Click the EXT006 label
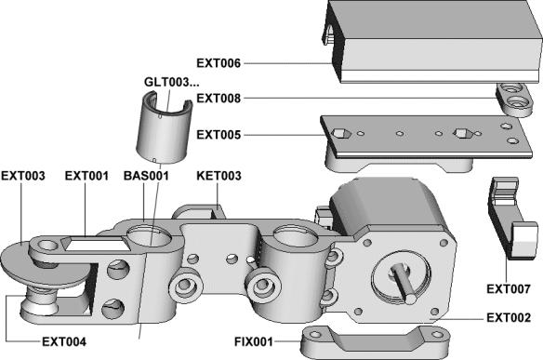tap(219, 63)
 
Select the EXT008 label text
tap(219, 99)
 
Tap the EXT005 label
tap(219, 135)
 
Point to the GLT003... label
tap(172, 82)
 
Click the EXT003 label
tap(23, 176)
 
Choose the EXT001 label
tap(86, 176)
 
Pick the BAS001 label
tap(146, 176)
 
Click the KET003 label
tap(219, 176)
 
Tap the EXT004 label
tap(64, 342)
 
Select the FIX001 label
tap(254, 342)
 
